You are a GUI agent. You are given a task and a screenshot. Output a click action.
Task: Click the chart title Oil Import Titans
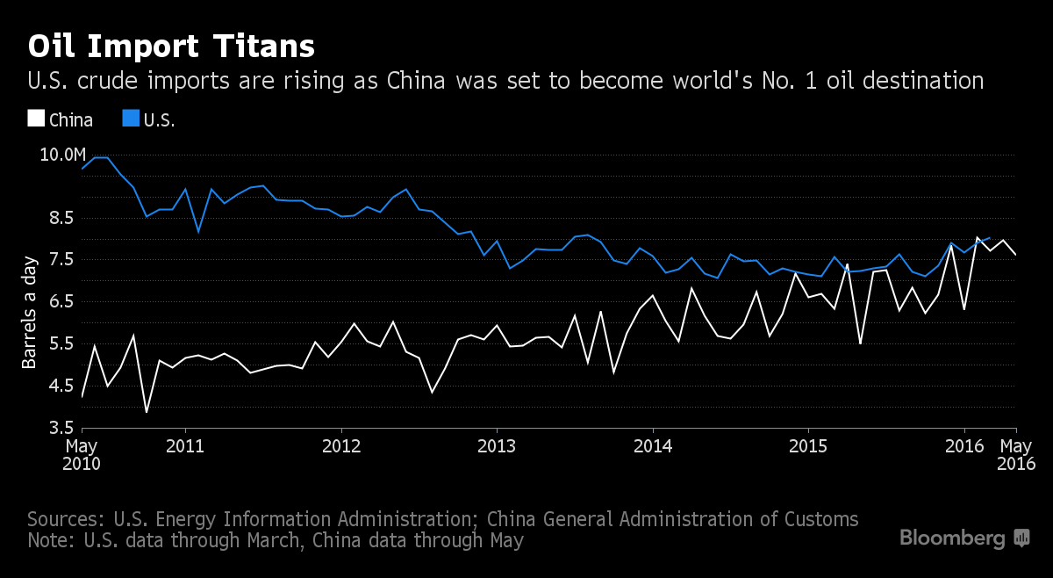(x=171, y=46)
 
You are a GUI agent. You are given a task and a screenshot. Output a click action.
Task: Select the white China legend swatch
(x=36, y=119)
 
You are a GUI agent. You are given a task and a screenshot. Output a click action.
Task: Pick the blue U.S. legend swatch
(x=129, y=119)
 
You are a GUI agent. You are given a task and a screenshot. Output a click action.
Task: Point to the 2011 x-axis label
(x=185, y=446)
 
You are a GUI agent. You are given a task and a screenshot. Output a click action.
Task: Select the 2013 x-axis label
(x=497, y=446)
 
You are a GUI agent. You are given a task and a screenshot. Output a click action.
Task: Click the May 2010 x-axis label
(x=82, y=454)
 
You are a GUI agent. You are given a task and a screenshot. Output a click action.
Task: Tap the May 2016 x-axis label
(x=1016, y=454)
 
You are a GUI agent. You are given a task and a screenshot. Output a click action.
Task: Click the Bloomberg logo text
(x=952, y=538)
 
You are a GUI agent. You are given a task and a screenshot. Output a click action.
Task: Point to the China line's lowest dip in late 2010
(x=146, y=412)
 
